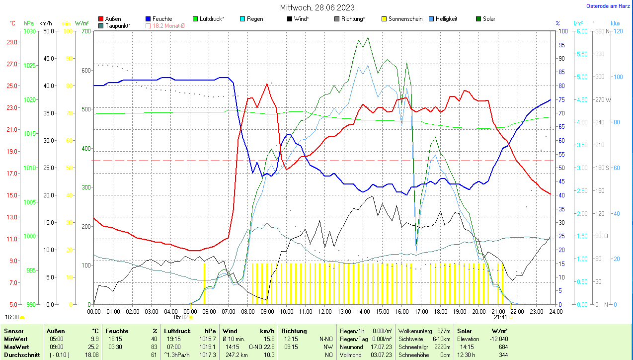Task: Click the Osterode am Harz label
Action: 608,6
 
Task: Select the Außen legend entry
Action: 113,19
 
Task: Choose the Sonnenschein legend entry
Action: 401,19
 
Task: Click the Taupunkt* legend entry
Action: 118,25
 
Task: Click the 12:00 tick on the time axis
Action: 324,312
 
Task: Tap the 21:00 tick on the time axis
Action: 498,312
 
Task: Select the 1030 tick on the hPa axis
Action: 30,31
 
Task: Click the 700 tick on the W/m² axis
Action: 86,31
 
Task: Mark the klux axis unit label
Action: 616,23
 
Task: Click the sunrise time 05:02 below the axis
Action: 180,317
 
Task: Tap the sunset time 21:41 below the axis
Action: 500,317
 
